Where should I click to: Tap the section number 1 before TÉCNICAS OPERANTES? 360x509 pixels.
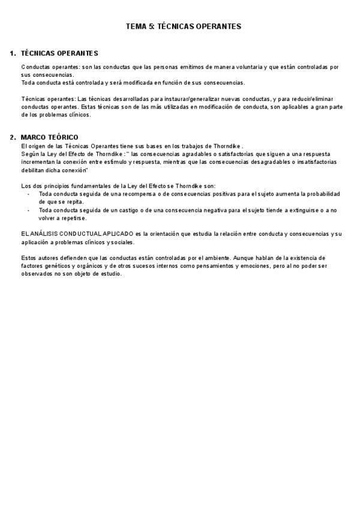pos(13,53)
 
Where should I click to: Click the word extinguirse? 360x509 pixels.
pos(304,210)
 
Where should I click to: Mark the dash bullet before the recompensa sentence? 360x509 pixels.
pos(28,194)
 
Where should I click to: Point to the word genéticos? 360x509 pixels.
pos(58,267)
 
